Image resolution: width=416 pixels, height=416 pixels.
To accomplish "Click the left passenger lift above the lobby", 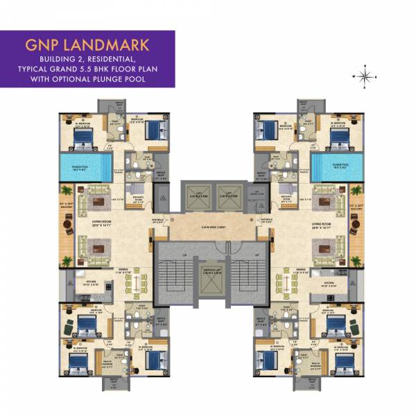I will coord(194,197).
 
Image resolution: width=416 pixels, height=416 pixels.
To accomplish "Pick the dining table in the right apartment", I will coord(284,284).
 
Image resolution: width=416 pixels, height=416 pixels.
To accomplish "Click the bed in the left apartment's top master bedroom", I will coord(83,136).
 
